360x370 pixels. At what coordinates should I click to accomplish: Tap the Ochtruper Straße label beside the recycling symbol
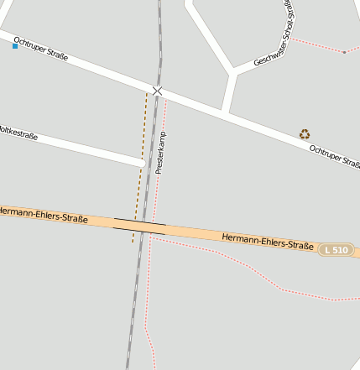pos(334,156)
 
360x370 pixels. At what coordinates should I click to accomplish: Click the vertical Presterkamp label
pos(161,153)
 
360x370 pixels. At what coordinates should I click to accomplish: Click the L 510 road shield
pos(335,250)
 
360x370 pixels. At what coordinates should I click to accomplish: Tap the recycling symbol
pos(305,134)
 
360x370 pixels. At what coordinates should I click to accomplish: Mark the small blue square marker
pos(14,46)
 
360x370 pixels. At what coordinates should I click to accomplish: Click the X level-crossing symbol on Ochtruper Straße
pos(157,90)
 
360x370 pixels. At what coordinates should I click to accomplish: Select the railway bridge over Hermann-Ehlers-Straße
pos(139,225)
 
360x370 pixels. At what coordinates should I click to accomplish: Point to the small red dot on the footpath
pos(343,52)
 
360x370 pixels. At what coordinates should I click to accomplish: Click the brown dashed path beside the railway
pos(139,168)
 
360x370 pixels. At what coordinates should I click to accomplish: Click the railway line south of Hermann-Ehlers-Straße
pos(132,310)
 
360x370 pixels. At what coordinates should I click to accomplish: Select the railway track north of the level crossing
pos(159,42)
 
